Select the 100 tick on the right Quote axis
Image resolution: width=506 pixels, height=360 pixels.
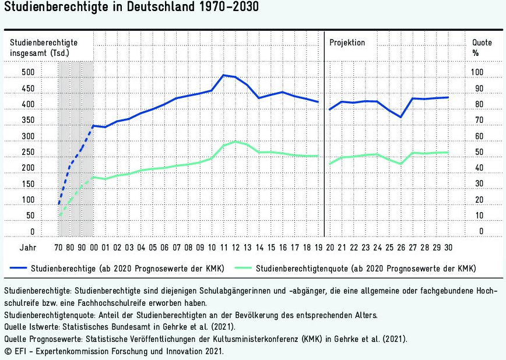click(477, 73)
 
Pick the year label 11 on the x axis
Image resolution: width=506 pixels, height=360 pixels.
click(223, 248)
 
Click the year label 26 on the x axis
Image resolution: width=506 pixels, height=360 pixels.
click(400, 248)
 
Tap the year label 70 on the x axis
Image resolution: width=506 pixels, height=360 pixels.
click(58, 248)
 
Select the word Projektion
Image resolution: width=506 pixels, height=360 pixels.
click(347, 43)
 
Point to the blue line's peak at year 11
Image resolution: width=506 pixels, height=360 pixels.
click(223, 75)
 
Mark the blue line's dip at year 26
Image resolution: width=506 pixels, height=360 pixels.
click(400, 117)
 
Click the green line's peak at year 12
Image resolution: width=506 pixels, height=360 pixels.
click(235, 142)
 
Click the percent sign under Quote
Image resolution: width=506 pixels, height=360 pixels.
click(475, 53)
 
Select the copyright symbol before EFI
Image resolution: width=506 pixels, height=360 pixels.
click(7, 352)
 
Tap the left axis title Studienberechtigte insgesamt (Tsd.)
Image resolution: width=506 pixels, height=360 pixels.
click(44, 48)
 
